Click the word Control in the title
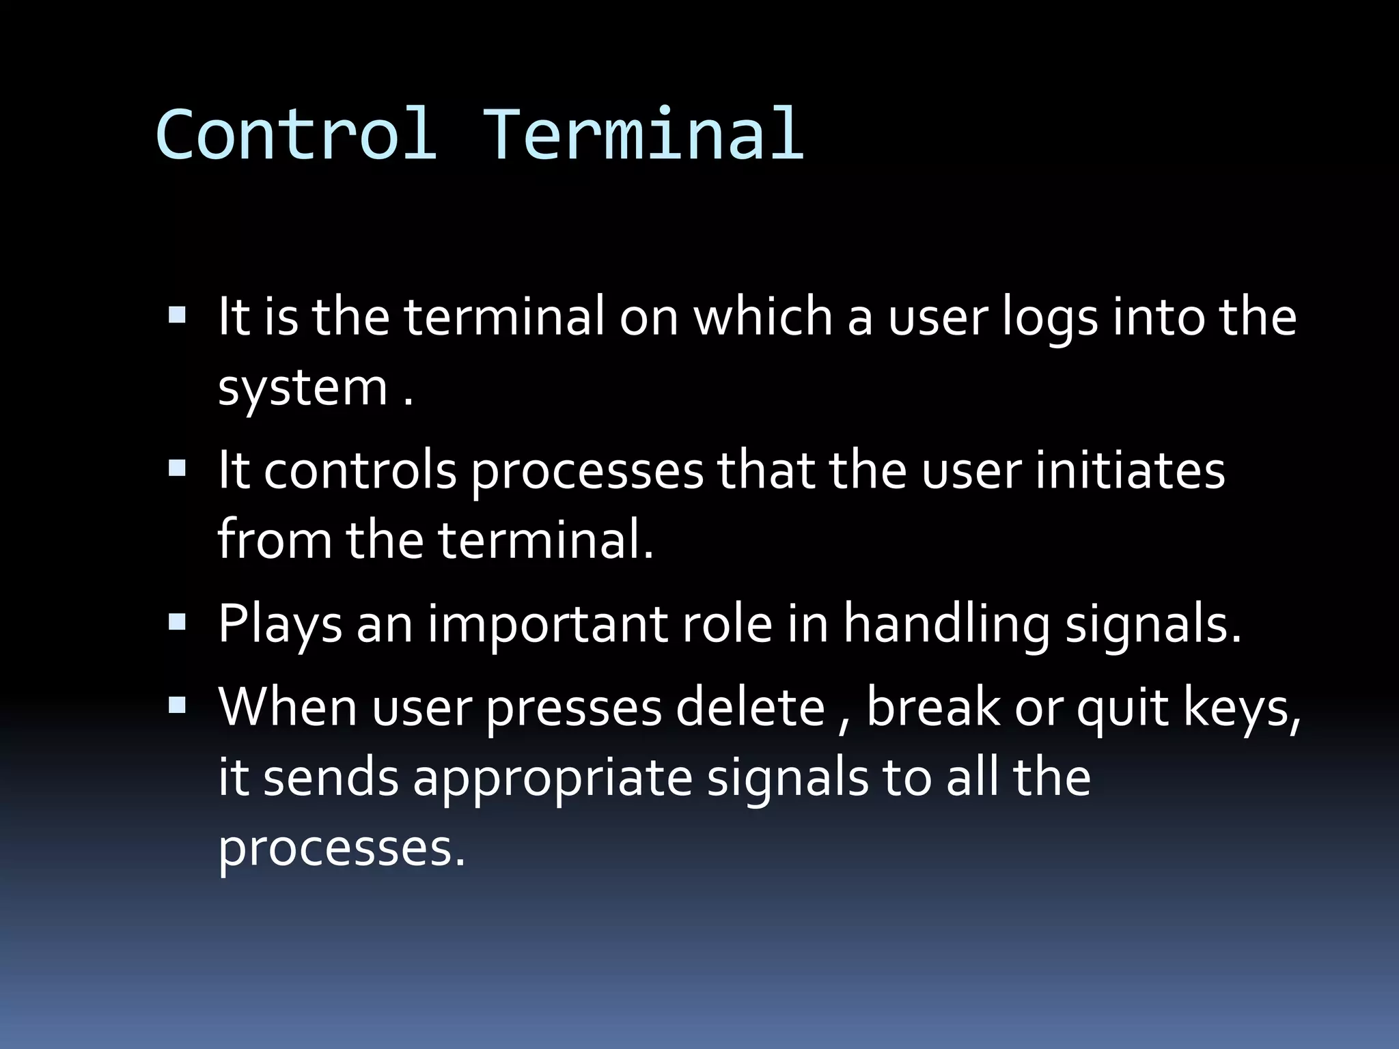pos(295,135)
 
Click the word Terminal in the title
pos(643,135)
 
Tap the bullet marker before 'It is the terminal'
pos(177,315)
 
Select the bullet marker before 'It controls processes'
pos(177,468)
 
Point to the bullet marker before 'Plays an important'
pos(177,621)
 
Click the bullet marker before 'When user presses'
pos(177,705)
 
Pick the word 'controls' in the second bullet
pos(359,471)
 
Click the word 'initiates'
pos(1130,471)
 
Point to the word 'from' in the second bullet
pos(275,540)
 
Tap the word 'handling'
pos(946,625)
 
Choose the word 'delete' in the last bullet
pos(750,708)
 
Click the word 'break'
pos(932,708)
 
